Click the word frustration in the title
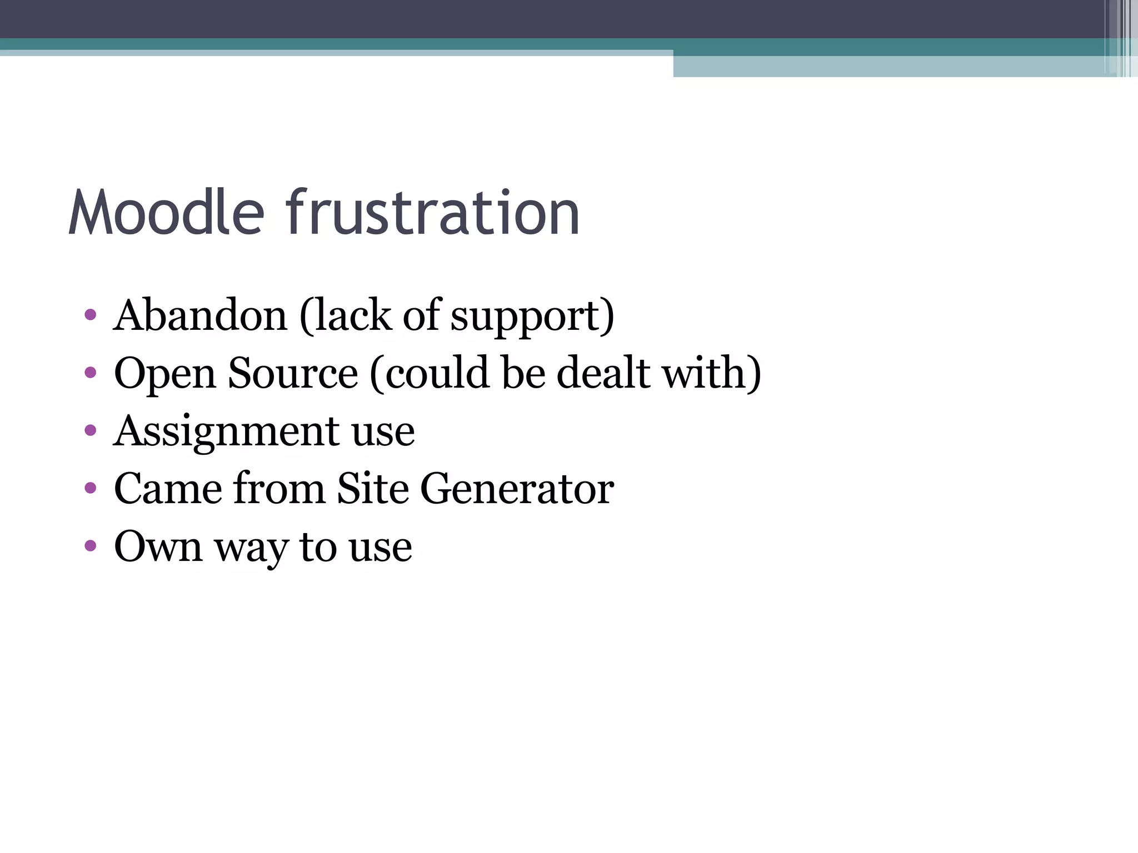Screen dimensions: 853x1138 click(433, 213)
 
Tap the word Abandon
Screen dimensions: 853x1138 click(200, 315)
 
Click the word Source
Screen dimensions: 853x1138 click(293, 373)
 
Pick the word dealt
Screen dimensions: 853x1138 click(603, 373)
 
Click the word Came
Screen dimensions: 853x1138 click(168, 489)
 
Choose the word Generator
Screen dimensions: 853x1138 click(517, 489)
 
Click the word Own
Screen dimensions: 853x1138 click(158, 546)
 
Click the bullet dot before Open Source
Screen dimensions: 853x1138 click(91, 373)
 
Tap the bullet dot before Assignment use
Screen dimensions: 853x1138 click(91, 430)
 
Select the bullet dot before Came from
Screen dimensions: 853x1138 click(91, 488)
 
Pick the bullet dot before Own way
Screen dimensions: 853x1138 click(91, 545)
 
